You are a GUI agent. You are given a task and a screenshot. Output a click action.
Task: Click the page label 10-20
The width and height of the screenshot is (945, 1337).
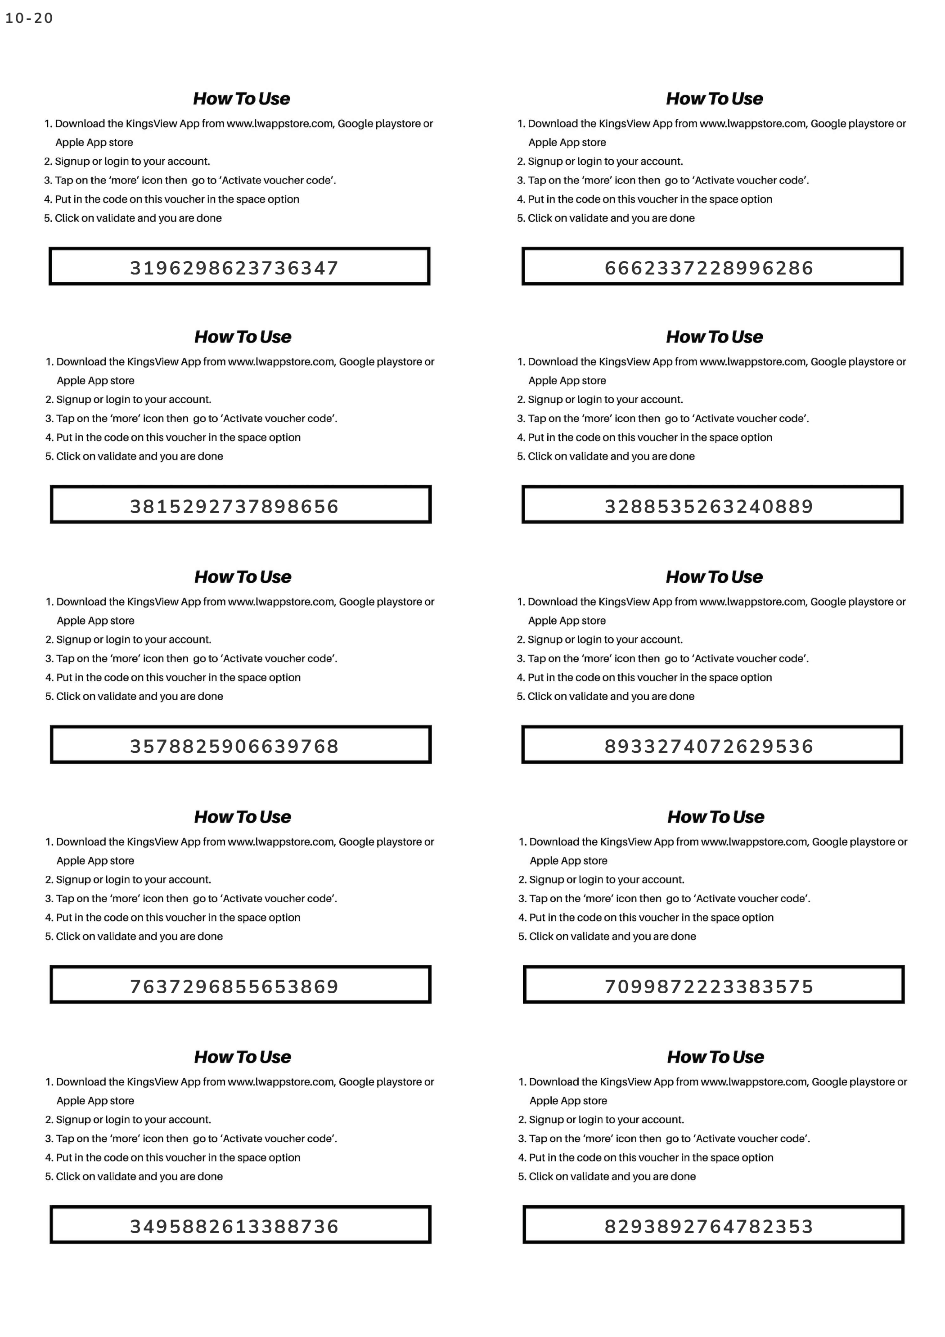click(x=29, y=18)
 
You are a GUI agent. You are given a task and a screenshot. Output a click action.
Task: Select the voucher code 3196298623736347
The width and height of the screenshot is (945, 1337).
click(x=234, y=268)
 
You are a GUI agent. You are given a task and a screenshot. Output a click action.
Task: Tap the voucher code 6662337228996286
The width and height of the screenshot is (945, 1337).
click(x=709, y=268)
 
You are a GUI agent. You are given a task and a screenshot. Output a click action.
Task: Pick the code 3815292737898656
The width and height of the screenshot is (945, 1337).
click(x=234, y=506)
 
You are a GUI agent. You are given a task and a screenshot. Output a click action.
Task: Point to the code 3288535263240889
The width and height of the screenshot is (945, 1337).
click(x=709, y=506)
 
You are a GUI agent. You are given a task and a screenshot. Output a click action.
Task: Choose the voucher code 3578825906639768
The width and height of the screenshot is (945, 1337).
click(x=234, y=746)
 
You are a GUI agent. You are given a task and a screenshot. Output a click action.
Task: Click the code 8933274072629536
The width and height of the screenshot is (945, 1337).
click(x=709, y=746)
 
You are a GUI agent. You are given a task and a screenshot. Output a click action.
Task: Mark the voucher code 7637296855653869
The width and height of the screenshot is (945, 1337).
click(x=234, y=986)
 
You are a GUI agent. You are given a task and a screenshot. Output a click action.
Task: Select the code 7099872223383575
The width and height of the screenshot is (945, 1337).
click(x=709, y=986)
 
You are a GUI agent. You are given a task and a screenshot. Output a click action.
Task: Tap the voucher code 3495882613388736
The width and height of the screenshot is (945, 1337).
click(x=234, y=1226)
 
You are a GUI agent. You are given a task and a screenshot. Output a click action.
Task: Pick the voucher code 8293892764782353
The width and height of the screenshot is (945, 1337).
click(x=709, y=1226)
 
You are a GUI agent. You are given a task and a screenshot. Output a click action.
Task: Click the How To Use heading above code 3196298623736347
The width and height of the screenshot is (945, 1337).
click(x=242, y=99)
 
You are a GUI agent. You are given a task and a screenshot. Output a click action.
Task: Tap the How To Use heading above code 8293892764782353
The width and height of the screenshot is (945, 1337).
click(x=715, y=1057)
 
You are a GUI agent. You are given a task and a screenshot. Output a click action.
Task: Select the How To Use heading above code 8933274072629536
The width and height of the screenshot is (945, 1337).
click(x=715, y=577)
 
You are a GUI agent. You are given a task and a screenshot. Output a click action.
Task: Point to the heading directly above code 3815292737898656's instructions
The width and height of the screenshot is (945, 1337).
click(x=243, y=337)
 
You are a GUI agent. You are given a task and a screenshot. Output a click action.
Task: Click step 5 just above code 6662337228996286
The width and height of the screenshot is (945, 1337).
click(x=606, y=218)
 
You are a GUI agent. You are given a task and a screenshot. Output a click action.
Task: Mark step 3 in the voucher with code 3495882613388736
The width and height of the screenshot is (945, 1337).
click(x=191, y=1139)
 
